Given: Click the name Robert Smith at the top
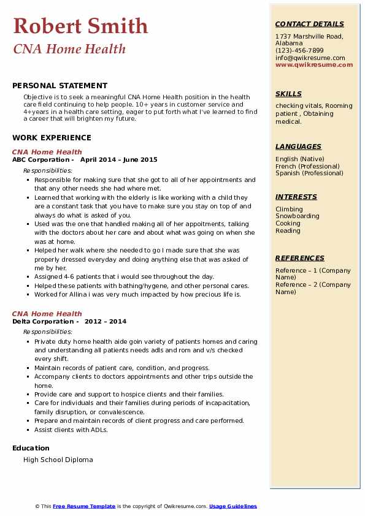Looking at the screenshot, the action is [x=80, y=26].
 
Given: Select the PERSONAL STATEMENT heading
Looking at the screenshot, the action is [x=60, y=86].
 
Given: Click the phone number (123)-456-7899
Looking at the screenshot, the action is [x=299, y=51].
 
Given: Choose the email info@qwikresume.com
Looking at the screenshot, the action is [x=310, y=58].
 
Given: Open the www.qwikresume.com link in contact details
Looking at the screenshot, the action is [x=314, y=64].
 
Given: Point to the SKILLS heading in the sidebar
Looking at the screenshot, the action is [x=288, y=94].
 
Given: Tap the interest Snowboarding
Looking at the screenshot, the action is [x=297, y=216].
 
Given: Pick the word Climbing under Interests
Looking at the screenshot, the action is [x=289, y=209].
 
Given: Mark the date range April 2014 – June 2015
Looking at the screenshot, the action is [x=118, y=159].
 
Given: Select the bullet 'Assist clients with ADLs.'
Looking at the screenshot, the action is [x=71, y=430].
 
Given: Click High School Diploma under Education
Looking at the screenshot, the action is [x=58, y=460].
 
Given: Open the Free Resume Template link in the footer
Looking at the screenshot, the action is [x=84, y=506].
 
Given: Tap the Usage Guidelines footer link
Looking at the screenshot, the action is [x=232, y=506].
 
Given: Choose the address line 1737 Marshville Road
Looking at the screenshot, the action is [x=309, y=36].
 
